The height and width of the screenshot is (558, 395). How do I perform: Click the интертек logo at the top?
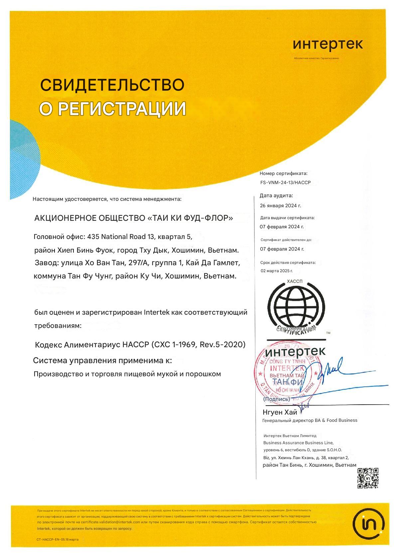[328, 44]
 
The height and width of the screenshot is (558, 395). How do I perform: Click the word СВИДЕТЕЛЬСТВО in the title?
[112, 85]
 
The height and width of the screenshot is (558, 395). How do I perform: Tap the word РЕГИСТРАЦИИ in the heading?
[122, 109]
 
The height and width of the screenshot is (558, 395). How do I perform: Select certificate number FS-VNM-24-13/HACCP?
[285, 183]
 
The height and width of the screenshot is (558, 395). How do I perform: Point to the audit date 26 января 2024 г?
[280, 205]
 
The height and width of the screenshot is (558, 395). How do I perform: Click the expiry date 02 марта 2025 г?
[277, 271]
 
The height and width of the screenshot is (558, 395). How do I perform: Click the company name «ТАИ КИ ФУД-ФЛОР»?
[190, 218]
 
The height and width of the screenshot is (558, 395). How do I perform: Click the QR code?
[368, 478]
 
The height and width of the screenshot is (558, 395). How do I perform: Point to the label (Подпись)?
[276, 399]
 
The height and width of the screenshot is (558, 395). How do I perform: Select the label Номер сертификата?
[283, 173]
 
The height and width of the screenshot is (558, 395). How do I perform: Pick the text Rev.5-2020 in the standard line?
[222, 344]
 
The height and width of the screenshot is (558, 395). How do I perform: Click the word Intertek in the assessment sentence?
[157, 312]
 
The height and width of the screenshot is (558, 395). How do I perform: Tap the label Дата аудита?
[276, 196]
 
